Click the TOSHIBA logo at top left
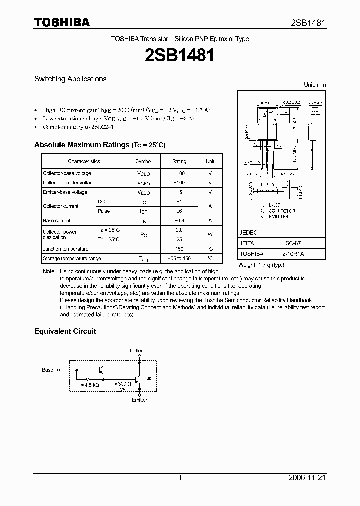coord(62,22)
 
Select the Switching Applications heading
coord(70,79)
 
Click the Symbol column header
coord(143,161)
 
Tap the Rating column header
coord(179,161)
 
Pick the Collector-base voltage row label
coord(67,173)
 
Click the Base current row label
coord(57,221)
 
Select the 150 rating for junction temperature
coord(179,249)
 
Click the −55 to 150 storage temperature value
coord(179,259)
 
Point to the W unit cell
coord(210,235)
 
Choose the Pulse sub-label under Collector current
coord(104,211)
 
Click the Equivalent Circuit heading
coord(65,331)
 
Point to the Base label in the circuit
coord(47,370)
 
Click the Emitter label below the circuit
coord(139,400)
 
